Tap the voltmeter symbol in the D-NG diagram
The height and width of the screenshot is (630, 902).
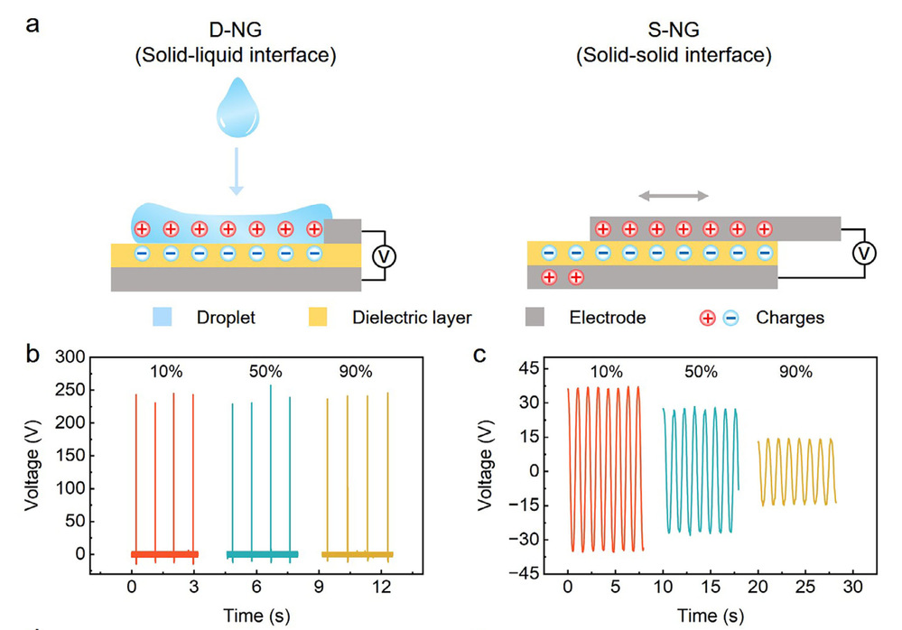384,255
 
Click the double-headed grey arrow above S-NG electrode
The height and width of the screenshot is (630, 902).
671,195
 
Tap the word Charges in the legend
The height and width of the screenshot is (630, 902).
790,318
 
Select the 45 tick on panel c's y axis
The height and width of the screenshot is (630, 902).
539,367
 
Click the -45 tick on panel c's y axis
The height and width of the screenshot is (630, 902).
536,572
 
